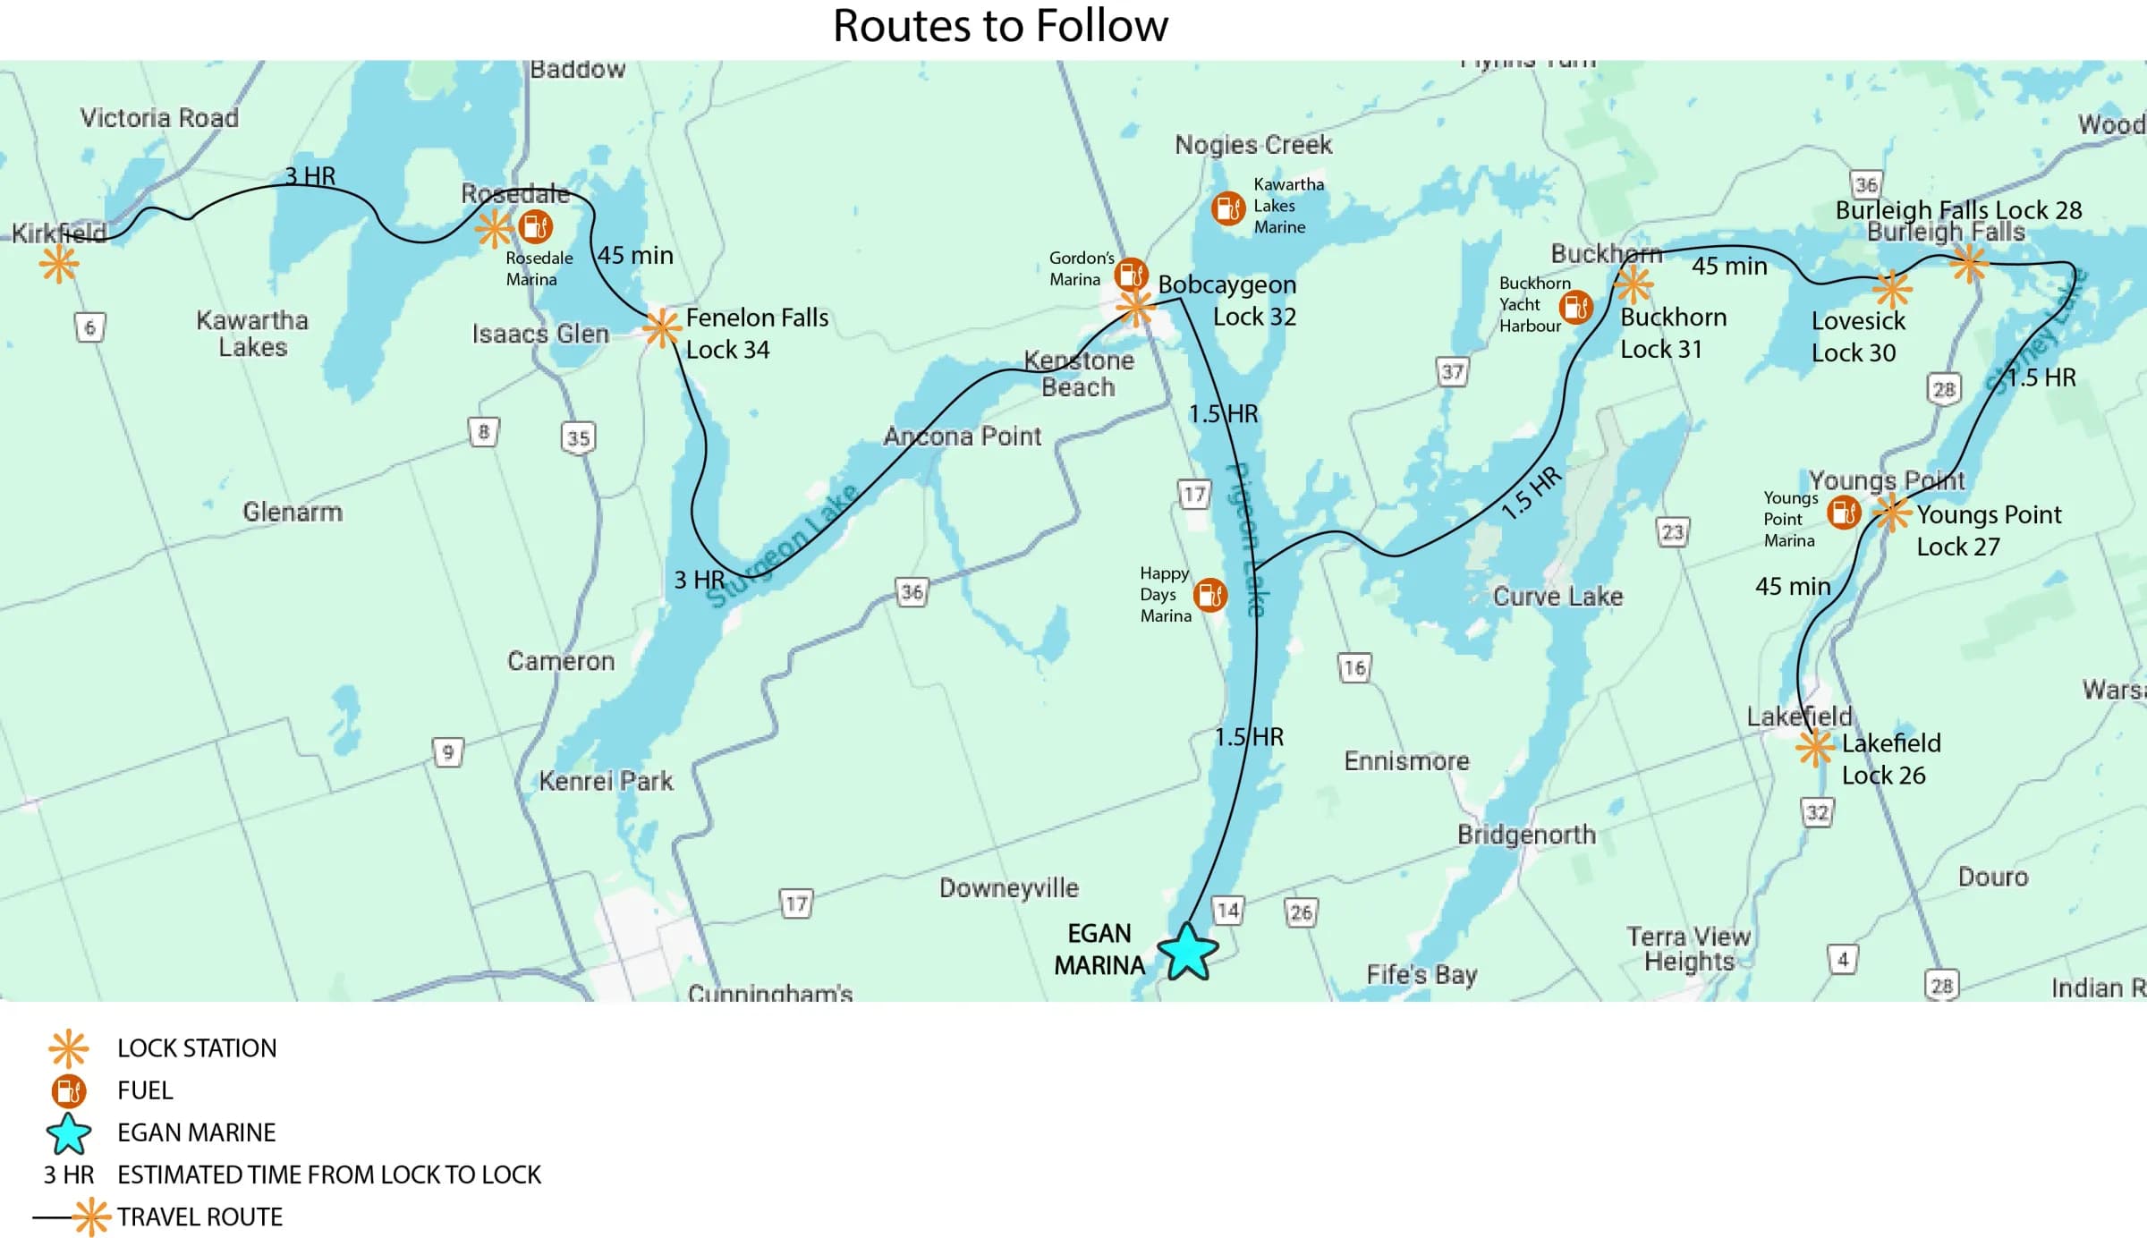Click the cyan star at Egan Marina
[1187, 953]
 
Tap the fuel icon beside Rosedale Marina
[535, 227]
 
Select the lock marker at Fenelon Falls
[662, 328]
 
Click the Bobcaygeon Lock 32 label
[1227, 301]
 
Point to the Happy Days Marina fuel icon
[1210, 595]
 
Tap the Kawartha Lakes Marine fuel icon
[1227, 208]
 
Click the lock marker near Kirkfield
[59, 264]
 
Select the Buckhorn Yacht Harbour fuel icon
[1574, 308]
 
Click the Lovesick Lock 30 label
[1857, 336]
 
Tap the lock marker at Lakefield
[1815, 749]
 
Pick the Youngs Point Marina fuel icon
[1844, 513]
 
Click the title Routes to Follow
[1000, 26]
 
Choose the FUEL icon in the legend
[69, 1090]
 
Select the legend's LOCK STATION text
[197, 1048]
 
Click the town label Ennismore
[1406, 761]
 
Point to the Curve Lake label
[1557, 597]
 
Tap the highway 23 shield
[1672, 533]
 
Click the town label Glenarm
[293, 513]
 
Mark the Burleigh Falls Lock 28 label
[1958, 210]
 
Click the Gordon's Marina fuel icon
[1131, 274]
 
